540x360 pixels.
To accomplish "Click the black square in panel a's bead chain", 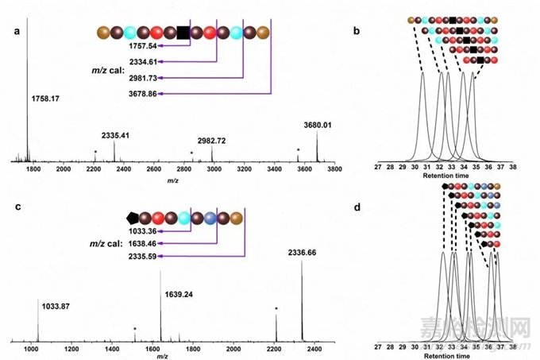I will (x=183, y=33).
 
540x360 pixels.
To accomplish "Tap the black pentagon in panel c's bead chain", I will (x=133, y=217).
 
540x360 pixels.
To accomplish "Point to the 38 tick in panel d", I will (x=513, y=347).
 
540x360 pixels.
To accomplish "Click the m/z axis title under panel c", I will (x=163, y=357).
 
